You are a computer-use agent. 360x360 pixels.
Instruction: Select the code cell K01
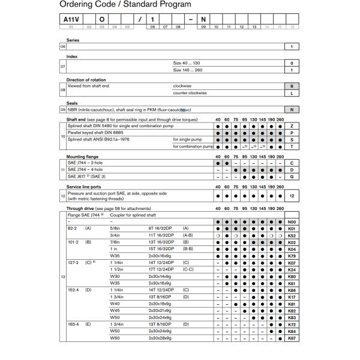click(x=292, y=228)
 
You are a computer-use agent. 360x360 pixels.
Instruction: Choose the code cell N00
click(x=292, y=221)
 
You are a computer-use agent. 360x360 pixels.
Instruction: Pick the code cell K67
click(x=292, y=338)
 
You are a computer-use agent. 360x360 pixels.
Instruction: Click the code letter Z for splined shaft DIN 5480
click(x=292, y=127)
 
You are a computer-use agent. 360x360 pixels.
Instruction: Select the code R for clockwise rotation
click(x=292, y=85)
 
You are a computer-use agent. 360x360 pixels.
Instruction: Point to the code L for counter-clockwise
click(x=292, y=93)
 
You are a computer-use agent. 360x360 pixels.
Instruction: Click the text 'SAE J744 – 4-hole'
click(x=87, y=170)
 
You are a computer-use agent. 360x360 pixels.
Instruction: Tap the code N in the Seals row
click(x=292, y=110)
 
